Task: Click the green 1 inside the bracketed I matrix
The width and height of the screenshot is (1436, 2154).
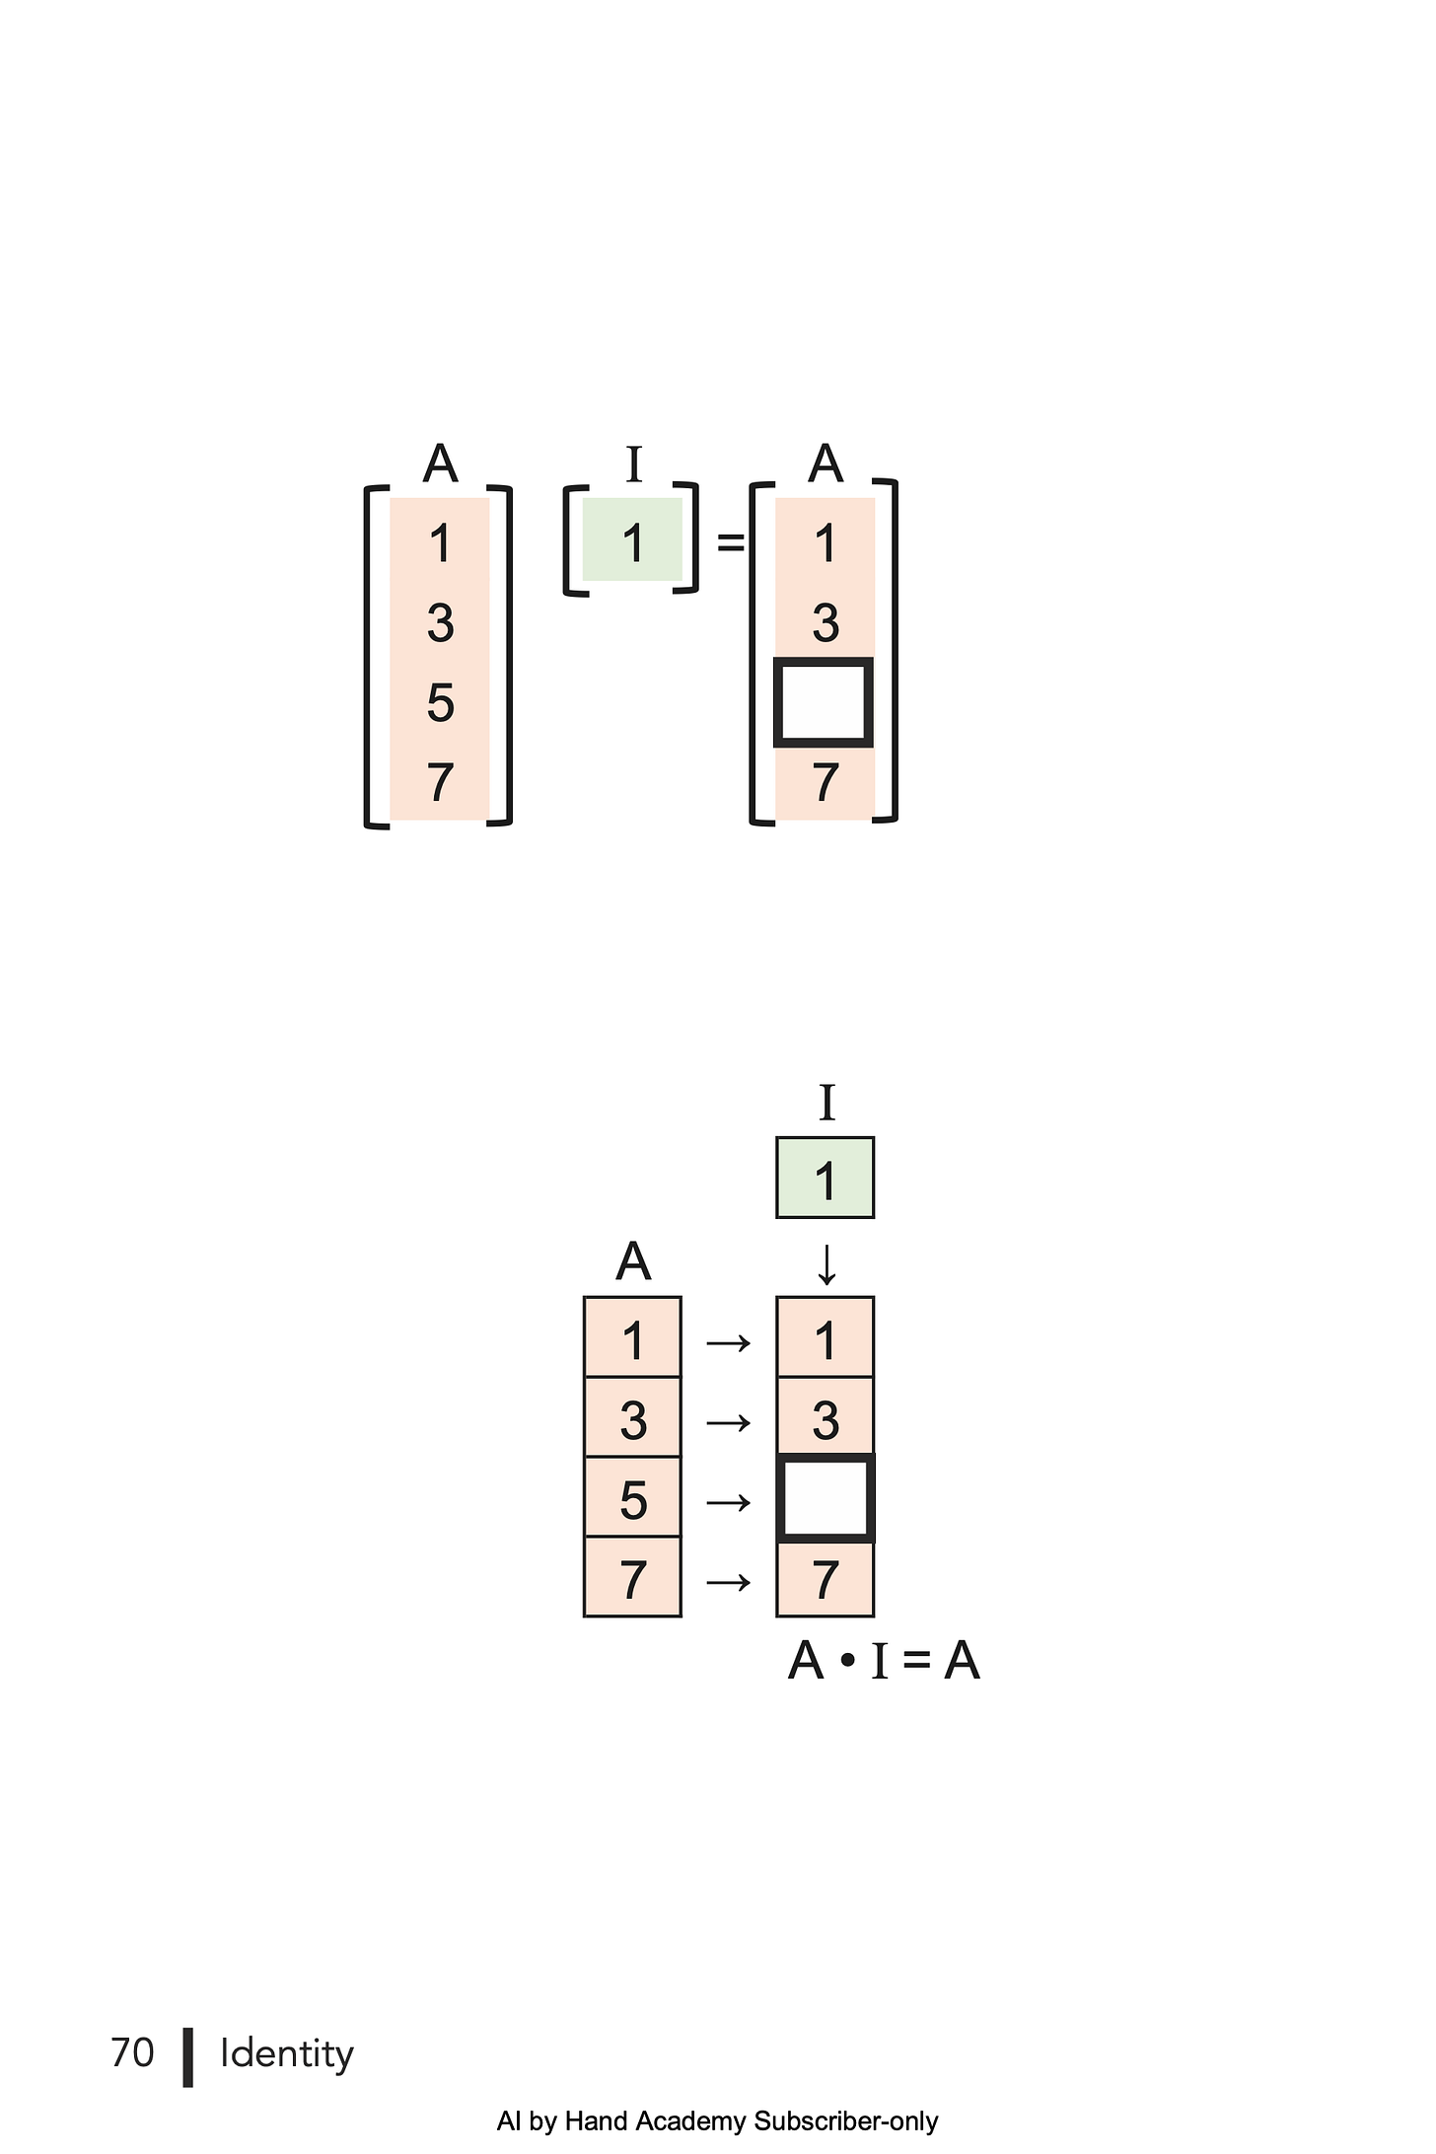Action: click(x=633, y=543)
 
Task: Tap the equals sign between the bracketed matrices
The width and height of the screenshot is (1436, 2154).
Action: click(x=731, y=541)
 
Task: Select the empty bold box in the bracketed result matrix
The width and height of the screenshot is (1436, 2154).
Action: click(x=825, y=702)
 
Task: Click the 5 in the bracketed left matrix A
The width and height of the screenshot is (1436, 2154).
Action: click(x=441, y=703)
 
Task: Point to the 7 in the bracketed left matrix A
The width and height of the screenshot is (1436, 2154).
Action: click(x=441, y=783)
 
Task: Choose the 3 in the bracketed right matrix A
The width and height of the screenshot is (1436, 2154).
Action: click(x=826, y=623)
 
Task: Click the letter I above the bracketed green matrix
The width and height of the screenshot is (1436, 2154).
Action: click(x=634, y=465)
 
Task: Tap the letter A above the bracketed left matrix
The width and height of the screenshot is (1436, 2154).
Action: click(x=441, y=464)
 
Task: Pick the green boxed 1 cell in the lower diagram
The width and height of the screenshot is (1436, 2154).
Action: click(x=826, y=1178)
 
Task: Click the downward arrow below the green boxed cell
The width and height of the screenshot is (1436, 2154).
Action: click(x=826, y=1264)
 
